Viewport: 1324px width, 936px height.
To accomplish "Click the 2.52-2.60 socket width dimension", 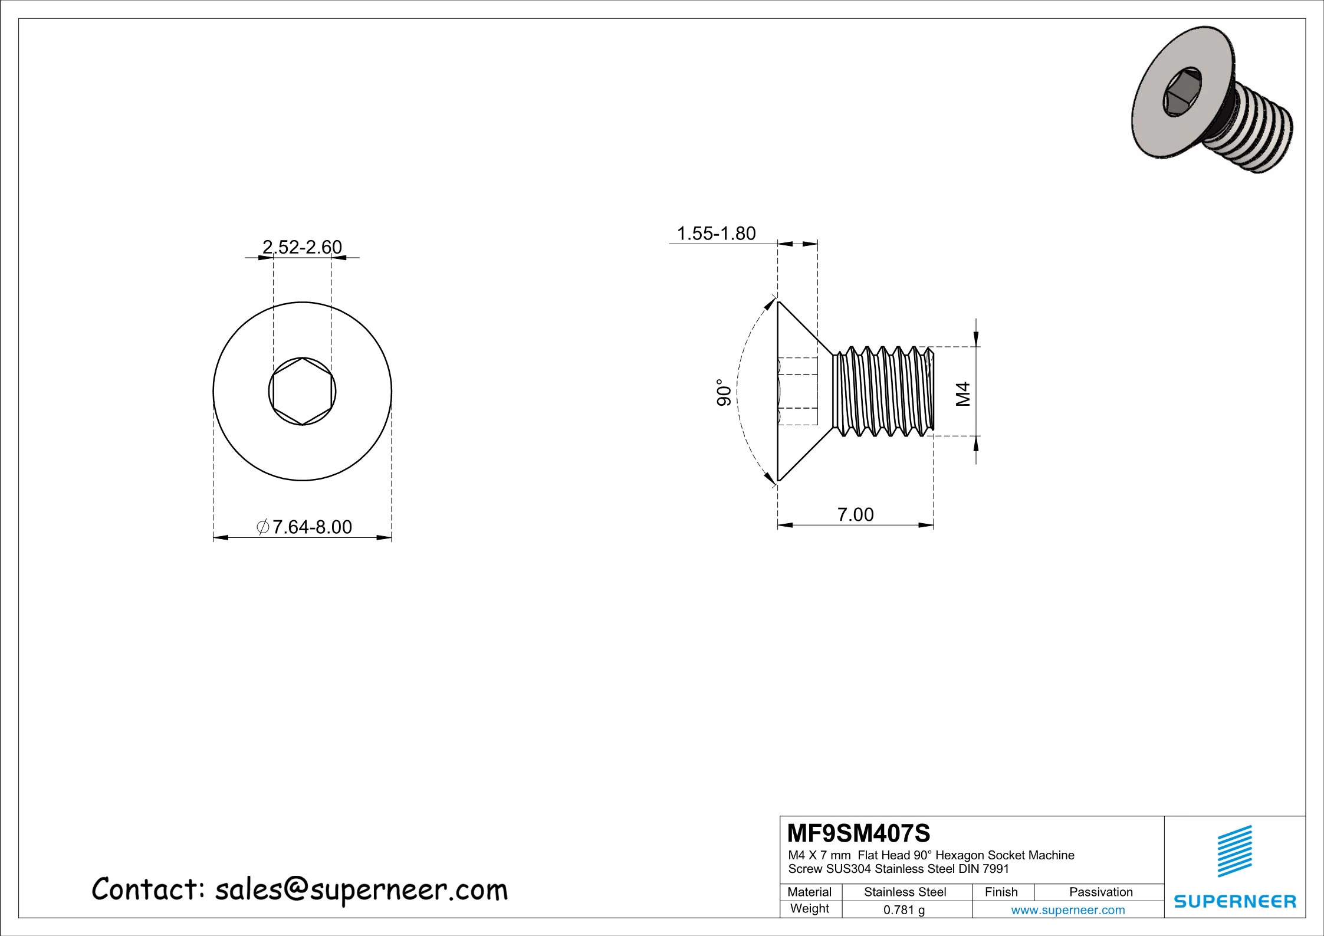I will coord(302,247).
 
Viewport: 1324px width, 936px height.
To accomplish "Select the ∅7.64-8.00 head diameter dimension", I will coord(305,527).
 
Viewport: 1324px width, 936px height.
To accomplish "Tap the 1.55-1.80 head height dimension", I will coord(715,234).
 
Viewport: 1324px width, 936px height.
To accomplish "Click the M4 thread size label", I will coord(962,394).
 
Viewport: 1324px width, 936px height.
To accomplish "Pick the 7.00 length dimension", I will coord(855,514).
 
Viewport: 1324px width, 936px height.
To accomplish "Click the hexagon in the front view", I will coord(302,391).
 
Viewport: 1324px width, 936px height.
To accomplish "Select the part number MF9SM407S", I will coord(858,833).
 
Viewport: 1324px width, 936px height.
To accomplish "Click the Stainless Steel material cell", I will coord(905,892).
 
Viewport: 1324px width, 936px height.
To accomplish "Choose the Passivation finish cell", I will coord(1100,892).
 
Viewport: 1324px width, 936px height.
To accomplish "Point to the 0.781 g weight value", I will coord(904,910).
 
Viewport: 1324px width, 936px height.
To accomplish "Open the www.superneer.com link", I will coord(1067,910).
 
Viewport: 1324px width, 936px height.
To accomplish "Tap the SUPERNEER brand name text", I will coord(1235,901).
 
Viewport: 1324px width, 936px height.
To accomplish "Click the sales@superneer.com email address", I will coord(361,890).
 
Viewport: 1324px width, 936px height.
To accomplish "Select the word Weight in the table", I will coord(809,909).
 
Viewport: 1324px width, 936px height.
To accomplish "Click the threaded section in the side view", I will coord(883,391).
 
